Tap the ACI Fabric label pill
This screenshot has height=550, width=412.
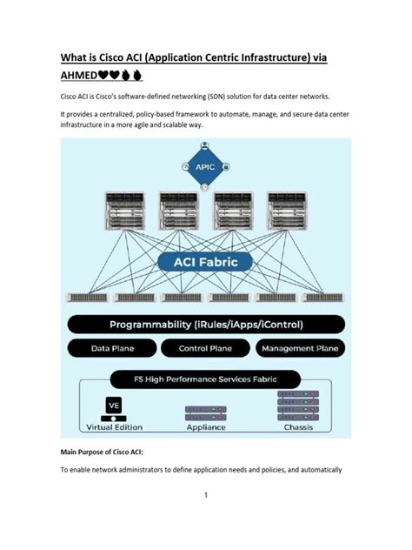pyautogui.click(x=206, y=260)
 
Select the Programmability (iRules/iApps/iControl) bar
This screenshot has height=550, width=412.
pyautogui.click(x=206, y=325)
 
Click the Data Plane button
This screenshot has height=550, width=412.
pyautogui.click(x=112, y=348)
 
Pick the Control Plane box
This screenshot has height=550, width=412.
pyautogui.click(x=205, y=348)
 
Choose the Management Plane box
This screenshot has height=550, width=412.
pyautogui.click(x=299, y=348)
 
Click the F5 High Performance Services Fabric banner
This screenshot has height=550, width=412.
pyautogui.click(x=206, y=379)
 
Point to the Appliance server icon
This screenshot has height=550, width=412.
pyautogui.click(x=206, y=411)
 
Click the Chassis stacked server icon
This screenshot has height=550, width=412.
pyautogui.click(x=298, y=406)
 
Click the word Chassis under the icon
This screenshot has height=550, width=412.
pyautogui.click(x=298, y=427)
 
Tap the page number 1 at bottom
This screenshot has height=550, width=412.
pyautogui.click(x=206, y=495)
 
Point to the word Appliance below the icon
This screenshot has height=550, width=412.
pyautogui.click(x=206, y=427)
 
